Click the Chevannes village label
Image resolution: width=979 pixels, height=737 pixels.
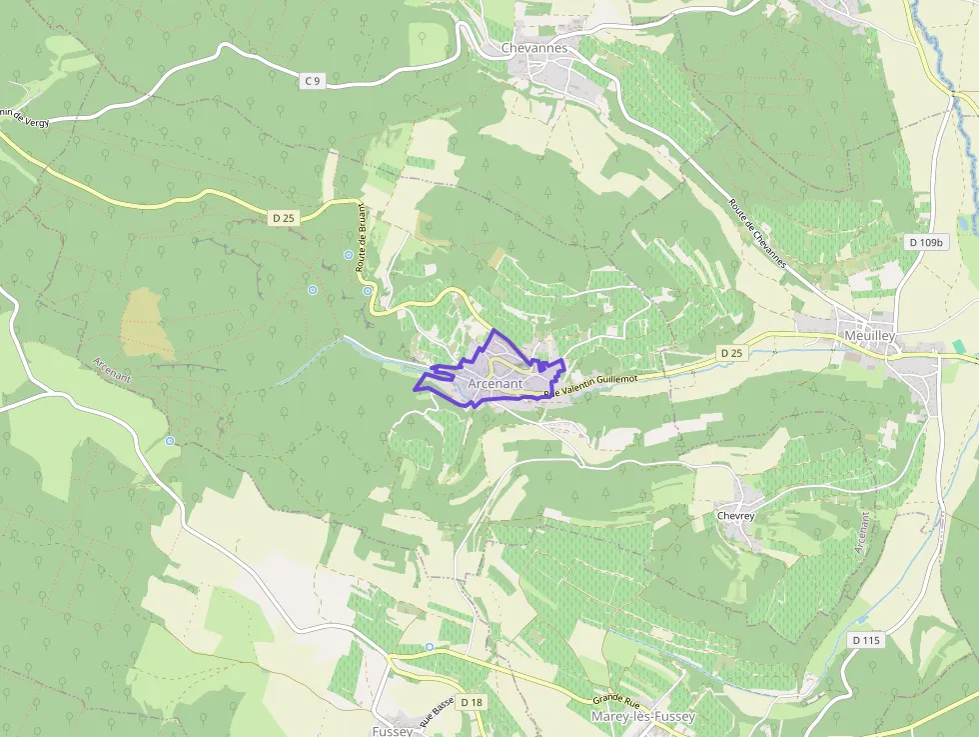pyautogui.click(x=533, y=48)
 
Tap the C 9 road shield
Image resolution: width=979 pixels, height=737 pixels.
pyautogui.click(x=313, y=81)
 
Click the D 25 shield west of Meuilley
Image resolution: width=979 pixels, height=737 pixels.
pyautogui.click(x=731, y=353)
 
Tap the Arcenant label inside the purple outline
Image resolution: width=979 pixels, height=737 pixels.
pyautogui.click(x=494, y=383)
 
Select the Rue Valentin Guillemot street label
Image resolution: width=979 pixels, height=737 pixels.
pyautogui.click(x=591, y=384)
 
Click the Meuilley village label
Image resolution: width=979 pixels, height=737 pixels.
pyautogui.click(x=869, y=336)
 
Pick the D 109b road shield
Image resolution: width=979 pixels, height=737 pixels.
pyautogui.click(x=926, y=242)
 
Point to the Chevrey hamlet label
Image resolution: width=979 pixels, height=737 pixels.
pyautogui.click(x=735, y=516)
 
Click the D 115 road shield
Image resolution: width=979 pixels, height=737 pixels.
pyautogui.click(x=866, y=639)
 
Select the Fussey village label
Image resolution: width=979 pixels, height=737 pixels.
pyautogui.click(x=393, y=731)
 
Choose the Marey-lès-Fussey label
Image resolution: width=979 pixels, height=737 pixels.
pyautogui.click(x=644, y=717)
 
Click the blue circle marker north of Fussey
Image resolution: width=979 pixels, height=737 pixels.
pyautogui.click(x=430, y=647)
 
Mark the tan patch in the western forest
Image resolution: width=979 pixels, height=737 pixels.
pyautogui.click(x=147, y=324)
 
